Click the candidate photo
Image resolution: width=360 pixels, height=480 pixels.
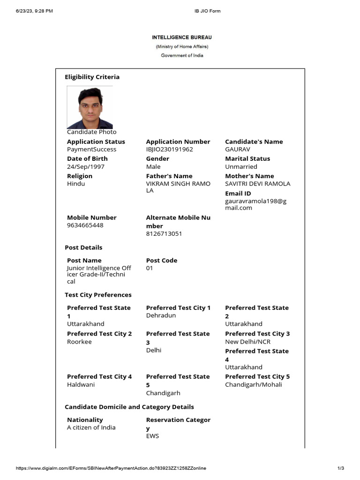point(90,107)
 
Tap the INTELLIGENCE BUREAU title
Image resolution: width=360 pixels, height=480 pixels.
point(182,37)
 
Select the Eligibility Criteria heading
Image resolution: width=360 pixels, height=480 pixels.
point(92,77)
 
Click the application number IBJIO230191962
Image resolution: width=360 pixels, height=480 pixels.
point(169,150)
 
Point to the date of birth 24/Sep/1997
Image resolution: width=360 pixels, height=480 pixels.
point(86,166)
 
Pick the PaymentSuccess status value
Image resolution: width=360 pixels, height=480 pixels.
point(91,150)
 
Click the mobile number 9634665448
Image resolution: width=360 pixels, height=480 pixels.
point(85,225)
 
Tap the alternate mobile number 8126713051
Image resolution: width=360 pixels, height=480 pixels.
point(164,233)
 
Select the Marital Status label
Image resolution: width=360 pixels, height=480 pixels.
point(247,158)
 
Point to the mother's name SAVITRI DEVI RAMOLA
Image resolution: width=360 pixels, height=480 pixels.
point(257,184)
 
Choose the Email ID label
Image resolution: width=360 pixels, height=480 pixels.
point(238,193)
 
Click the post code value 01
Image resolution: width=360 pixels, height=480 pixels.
point(150,268)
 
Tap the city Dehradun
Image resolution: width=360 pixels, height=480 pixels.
point(161,315)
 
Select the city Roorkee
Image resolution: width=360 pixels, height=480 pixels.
point(79,342)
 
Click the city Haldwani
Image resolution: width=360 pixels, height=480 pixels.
point(81,384)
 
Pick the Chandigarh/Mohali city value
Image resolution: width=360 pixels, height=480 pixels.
point(254,384)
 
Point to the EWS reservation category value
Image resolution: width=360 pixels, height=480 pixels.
point(152,436)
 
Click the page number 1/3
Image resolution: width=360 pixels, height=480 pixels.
point(341,468)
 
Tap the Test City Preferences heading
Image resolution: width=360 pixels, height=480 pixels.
point(98,295)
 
